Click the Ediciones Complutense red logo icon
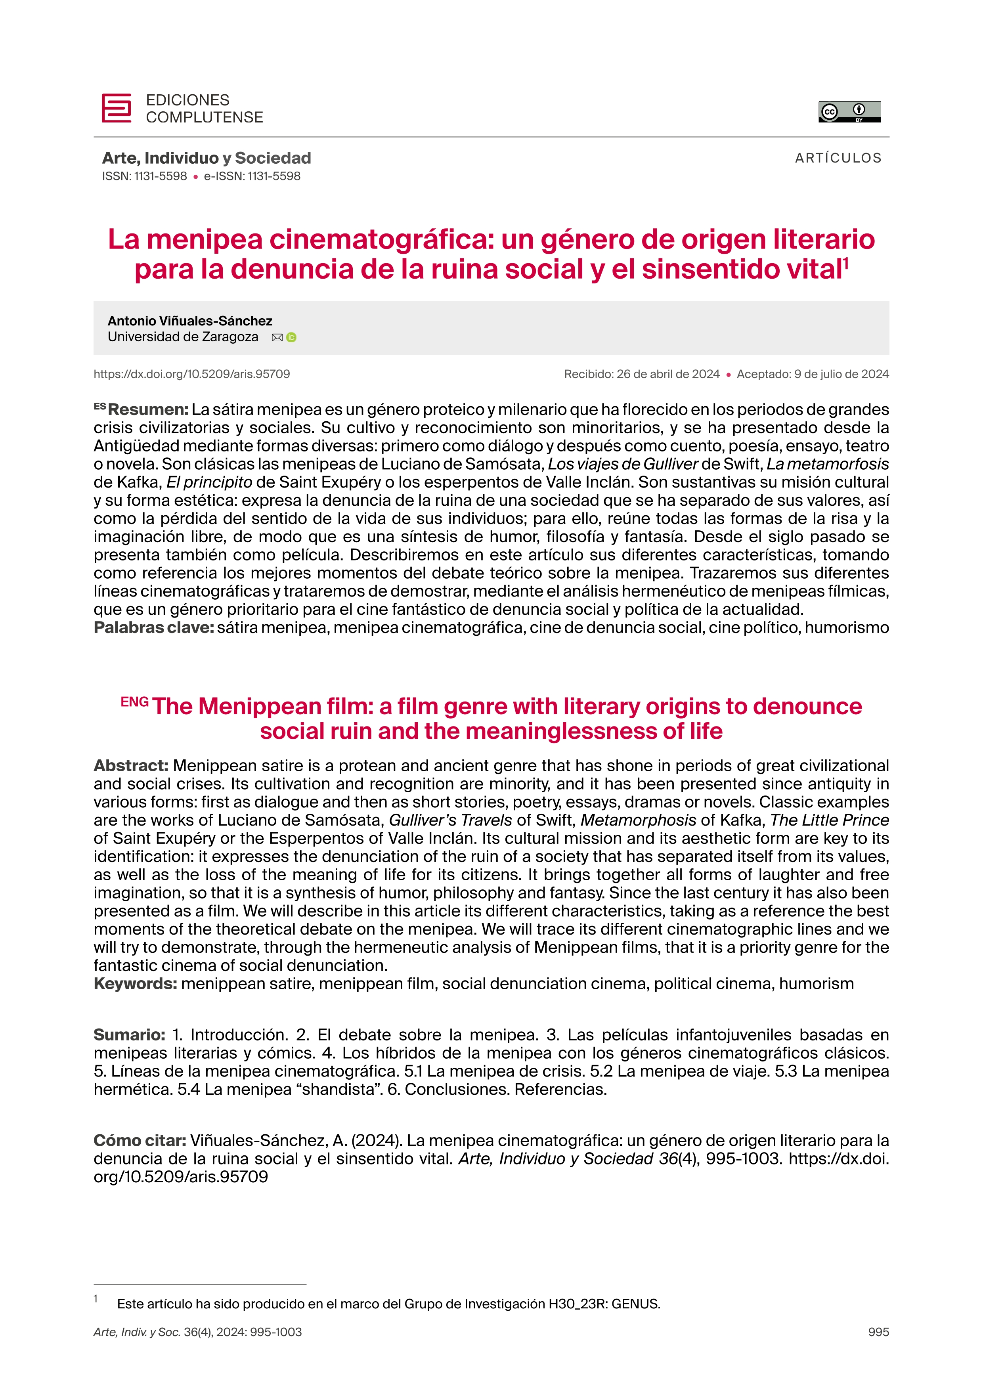tap(116, 108)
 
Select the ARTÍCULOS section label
tap(838, 158)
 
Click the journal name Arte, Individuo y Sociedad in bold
tap(207, 158)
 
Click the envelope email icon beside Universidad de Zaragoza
tap(277, 338)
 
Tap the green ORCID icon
tap(291, 338)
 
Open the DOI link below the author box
tap(191, 374)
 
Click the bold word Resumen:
tap(148, 410)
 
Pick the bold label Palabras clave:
tap(154, 628)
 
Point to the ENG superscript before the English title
tap(134, 702)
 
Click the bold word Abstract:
tap(131, 766)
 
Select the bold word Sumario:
tap(129, 1035)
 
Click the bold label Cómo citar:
tap(139, 1141)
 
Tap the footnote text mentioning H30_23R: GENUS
tap(388, 1304)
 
